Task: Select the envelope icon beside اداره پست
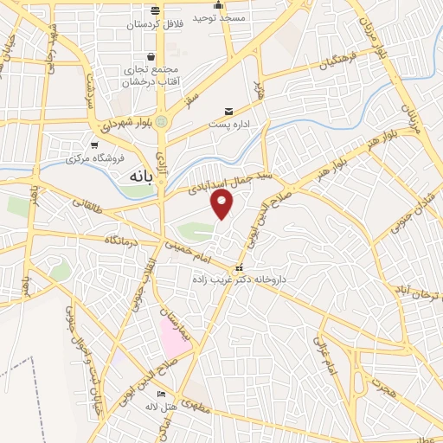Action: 228,112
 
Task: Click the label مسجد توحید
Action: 218,17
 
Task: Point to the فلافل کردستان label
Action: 155,25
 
